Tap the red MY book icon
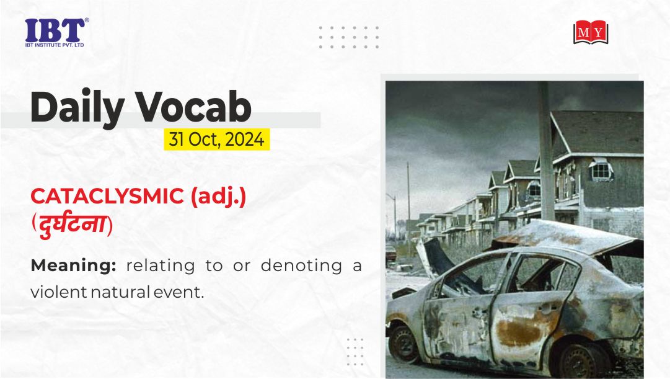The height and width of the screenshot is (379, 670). (x=591, y=32)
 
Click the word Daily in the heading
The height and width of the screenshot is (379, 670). (x=77, y=107)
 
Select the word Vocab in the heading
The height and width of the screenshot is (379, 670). (x=193, y=107)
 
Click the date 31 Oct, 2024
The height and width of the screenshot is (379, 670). (x=217, y=140)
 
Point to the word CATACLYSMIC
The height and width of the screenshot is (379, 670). (x=107, y=197)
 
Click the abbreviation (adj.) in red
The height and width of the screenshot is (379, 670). (x=218, y=197)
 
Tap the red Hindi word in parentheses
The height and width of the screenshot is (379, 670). (x=72, y=224)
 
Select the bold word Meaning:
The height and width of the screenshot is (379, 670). (x=74, y=266)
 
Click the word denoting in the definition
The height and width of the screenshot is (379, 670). (x=302, y=265)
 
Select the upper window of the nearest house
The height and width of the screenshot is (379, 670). (x=601, y=170)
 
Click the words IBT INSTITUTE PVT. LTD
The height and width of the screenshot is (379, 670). (x=55, y=45)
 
